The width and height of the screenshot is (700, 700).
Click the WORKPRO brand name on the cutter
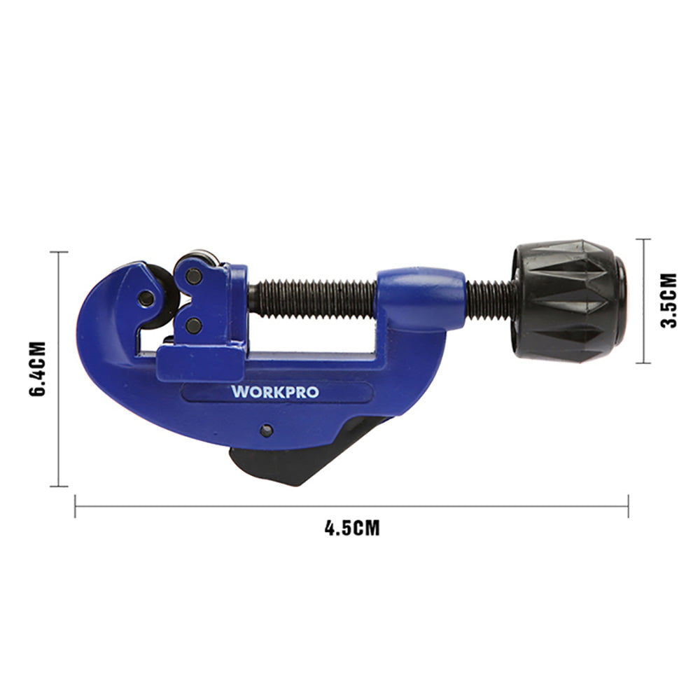[x=274, y=391]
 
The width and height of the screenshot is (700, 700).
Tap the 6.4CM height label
[x=38, y=369]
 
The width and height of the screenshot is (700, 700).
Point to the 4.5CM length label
[x=352, y=528]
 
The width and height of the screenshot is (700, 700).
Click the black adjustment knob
[x=570, y=301]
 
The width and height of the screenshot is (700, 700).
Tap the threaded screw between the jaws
[x=313, y=298]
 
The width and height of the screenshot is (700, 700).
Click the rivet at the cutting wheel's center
[x=146, y=298]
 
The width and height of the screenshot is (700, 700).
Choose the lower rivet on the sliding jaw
[x=194, y=325]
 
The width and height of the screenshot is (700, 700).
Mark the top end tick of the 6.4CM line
[x=59, y=252]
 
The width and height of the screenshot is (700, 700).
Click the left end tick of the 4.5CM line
[x=76, y=506]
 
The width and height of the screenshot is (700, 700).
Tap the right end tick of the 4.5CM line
[x=628, y=506]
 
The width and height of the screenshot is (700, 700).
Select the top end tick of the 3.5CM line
[x=643, y=239]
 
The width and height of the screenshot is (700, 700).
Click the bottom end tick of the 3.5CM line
[x=643, y=363]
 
